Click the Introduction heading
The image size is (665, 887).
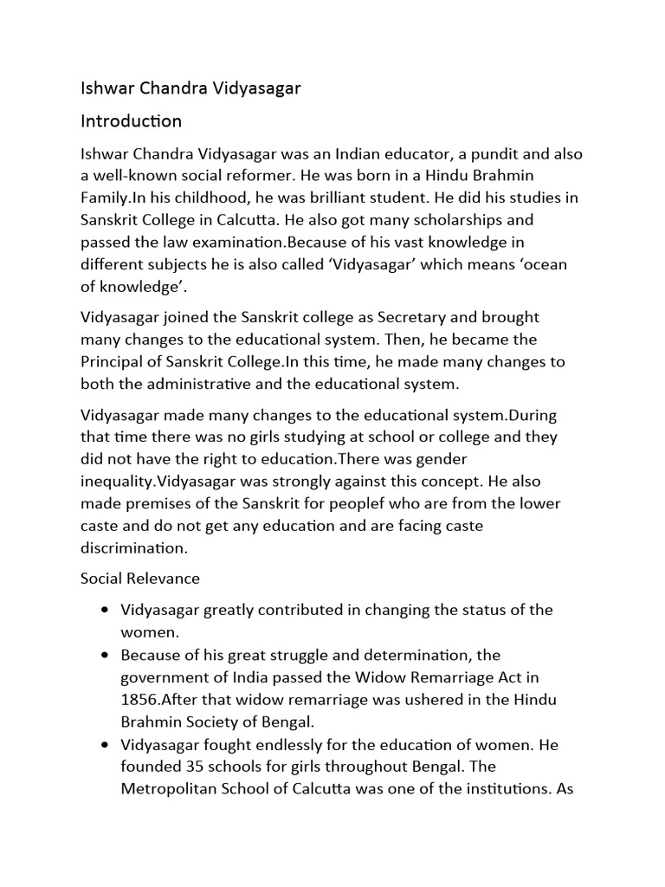point(131,120)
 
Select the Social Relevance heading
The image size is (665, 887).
point(139,578)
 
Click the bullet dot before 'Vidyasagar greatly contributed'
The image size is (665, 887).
point(104,610)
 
